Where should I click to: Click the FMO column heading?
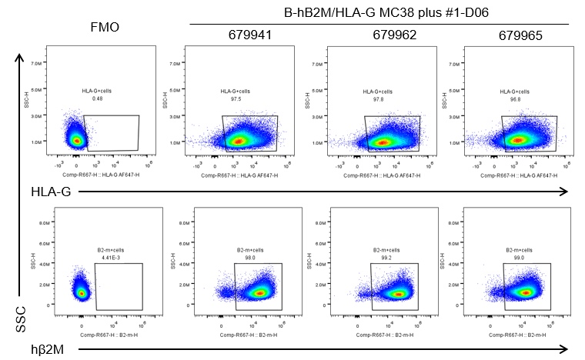click(104, 27)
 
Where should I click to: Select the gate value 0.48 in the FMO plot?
click(97, 98)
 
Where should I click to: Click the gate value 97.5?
click(235, 98)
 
